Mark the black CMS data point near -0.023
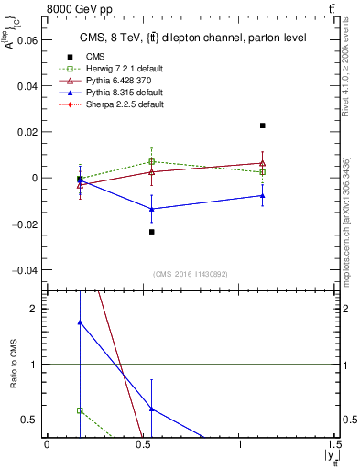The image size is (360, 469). click(x=152, y=232)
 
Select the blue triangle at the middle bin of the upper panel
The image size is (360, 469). click(x=152, y=209)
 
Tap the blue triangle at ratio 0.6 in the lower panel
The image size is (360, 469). click(x=152, y=409)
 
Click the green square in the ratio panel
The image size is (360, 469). click(x=81, y=411)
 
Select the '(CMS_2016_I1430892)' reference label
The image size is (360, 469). click(x=191, y=273)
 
